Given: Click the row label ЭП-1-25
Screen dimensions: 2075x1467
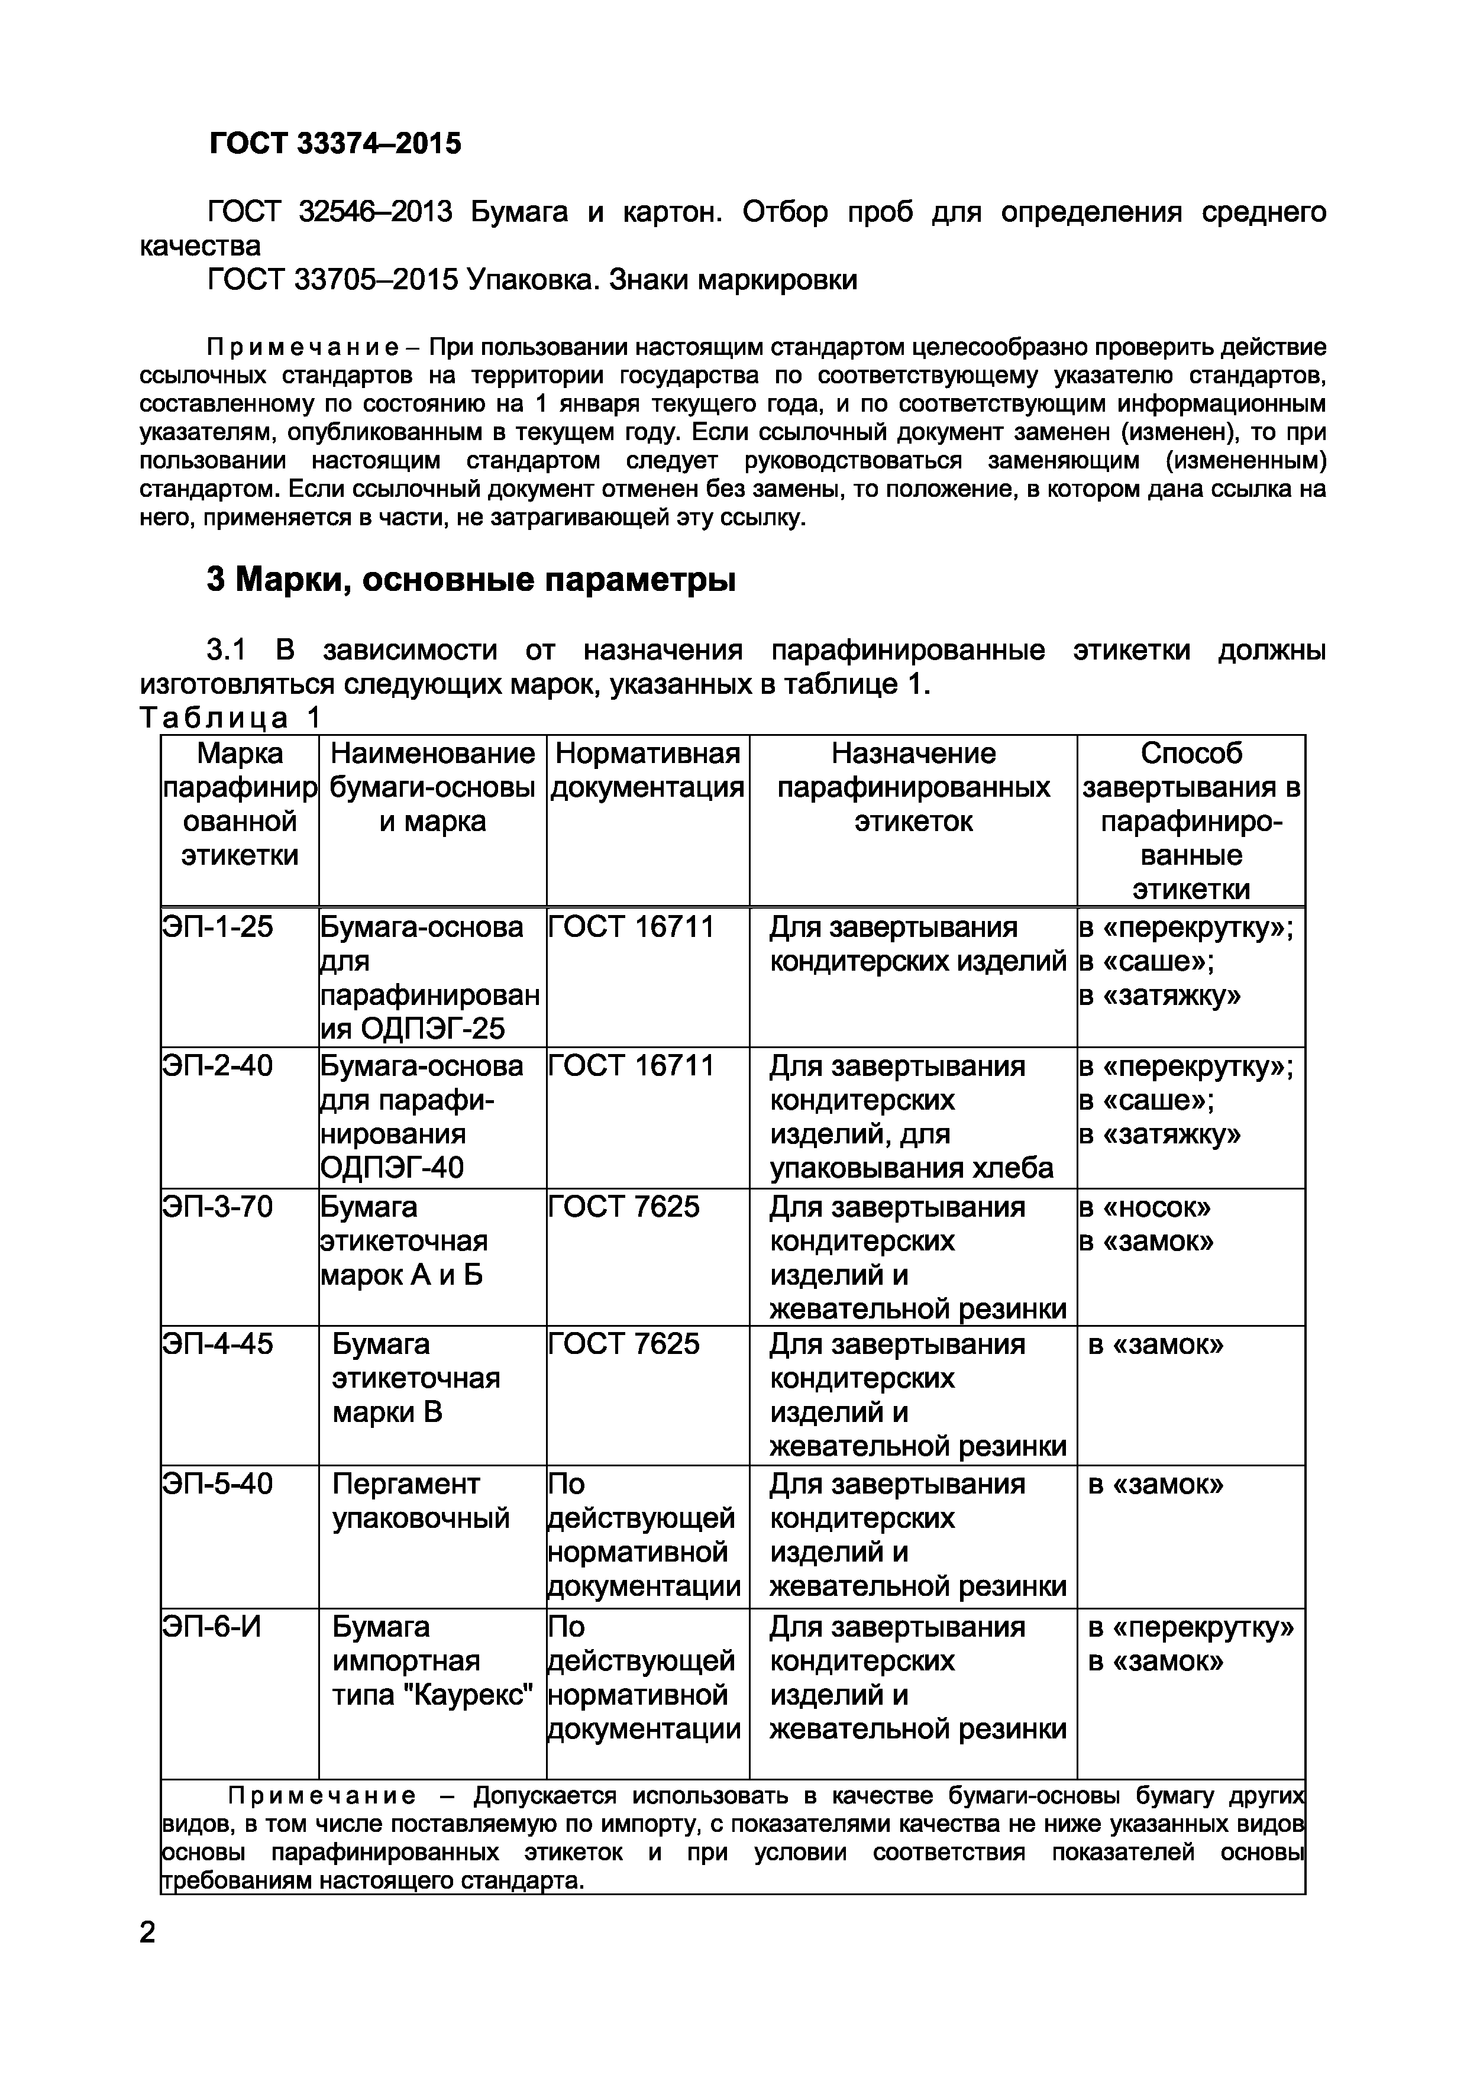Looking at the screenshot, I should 217,927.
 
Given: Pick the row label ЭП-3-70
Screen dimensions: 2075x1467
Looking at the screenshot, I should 217,1207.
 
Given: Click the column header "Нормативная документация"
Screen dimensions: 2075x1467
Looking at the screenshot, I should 647,770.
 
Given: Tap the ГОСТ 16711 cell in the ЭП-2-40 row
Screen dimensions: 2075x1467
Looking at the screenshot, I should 631,1066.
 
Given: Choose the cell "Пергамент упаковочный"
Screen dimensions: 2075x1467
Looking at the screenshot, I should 421,1501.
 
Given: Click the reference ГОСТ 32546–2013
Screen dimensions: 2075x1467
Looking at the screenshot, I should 330,212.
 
